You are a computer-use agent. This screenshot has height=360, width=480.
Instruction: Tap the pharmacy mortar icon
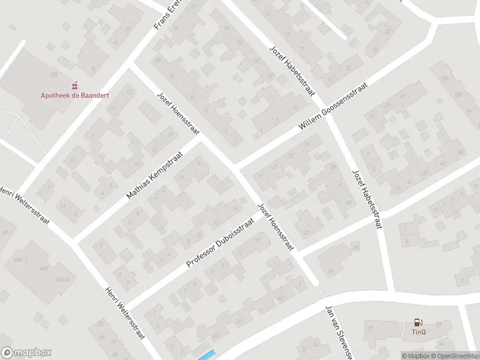pyautogui.click(x=75, y=85)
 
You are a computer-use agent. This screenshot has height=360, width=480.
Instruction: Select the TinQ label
pyautogui.click(x=418, y=332)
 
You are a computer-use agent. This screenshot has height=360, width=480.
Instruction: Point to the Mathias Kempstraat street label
pyautogui.click(x=158, y=180)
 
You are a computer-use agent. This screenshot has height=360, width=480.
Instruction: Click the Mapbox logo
pyautogui.click(x=26, y=353)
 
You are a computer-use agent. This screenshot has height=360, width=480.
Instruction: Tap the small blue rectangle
pyautogui.click(x=206, y=355)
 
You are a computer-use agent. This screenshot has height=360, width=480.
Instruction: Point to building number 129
pyautogui.click(x=53, y=74)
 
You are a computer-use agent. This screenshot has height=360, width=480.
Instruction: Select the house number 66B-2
pyautogui.click(x=62, y=280)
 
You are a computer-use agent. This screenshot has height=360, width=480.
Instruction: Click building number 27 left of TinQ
pyautogui.click(x=370, y=328)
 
